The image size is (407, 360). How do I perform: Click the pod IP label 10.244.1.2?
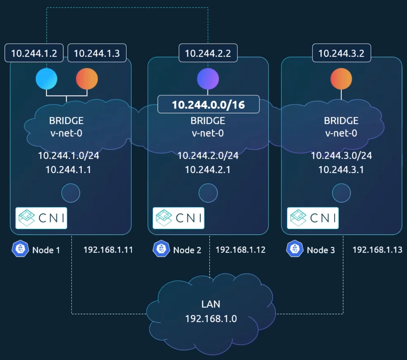pos(34,53)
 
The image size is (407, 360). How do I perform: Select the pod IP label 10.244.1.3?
pos(97,53)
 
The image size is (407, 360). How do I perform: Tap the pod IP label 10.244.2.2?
pos(208,53)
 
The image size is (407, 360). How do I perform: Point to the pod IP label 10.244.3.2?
pos(341,53)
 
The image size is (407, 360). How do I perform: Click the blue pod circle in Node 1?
pos(46,79)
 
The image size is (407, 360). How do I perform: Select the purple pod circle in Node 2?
pos(208,79)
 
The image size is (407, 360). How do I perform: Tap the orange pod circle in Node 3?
pos(341,79)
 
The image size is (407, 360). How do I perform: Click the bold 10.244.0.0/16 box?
pos(208,104)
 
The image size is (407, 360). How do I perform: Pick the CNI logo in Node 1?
pos(41,218)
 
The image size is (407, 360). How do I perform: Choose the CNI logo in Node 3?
pos(313,218)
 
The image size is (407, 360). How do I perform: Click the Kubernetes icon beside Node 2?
pos(161,249)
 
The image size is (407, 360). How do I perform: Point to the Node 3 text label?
pos(321,250)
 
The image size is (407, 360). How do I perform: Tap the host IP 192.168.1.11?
pos(108,250)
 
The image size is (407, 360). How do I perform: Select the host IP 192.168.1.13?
pos(377,250)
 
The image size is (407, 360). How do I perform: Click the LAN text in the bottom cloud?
pos(211,304)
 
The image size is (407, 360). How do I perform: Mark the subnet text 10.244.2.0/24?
pos(208,156)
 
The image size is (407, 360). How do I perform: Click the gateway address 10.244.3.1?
pos(341,170)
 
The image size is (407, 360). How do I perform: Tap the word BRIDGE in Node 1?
pos(66,121)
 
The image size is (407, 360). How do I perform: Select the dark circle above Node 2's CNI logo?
pos(208,193)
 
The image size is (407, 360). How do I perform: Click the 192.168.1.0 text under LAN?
pos(211,318)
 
